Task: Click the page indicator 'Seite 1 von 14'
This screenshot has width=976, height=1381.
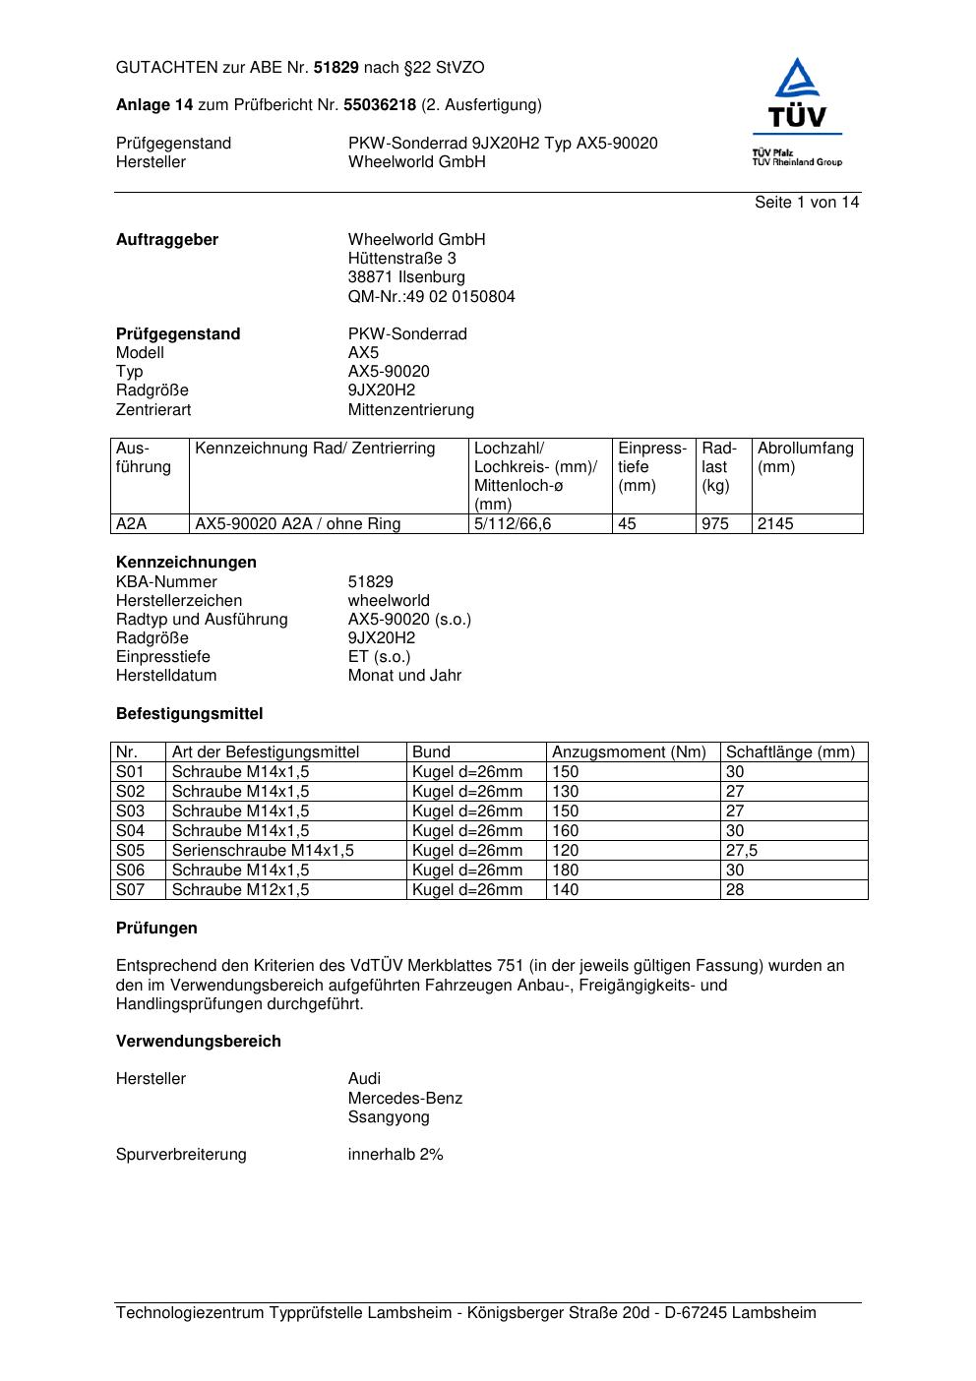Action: point(807,202)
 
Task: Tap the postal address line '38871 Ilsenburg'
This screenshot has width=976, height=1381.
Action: point(406,277)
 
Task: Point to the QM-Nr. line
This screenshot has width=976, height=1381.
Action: point(431,296)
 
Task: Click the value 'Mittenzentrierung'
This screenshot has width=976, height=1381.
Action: point(410,409)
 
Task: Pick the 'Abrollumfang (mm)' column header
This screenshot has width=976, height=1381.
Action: point(806,457)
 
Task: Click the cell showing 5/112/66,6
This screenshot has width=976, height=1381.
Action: point(513,524)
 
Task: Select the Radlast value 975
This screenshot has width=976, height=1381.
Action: point(715,524)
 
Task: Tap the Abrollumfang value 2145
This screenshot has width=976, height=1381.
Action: point(775,524)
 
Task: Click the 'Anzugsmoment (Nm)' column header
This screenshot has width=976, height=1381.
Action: point(629,752)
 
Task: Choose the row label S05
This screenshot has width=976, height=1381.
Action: point(130,851)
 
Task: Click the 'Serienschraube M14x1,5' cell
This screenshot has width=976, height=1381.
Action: point(263,851)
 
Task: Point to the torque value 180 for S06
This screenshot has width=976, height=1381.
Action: point(566,871)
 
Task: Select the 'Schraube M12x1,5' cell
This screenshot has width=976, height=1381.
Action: point(240,890)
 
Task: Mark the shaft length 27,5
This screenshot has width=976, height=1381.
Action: point(742,851)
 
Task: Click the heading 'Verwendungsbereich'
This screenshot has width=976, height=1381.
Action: point(199,1041)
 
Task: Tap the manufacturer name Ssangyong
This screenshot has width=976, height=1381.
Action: point(389,1117)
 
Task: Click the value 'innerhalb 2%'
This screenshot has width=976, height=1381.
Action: point(396,1155)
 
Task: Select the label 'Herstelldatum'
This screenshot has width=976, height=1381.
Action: point(166,676)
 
